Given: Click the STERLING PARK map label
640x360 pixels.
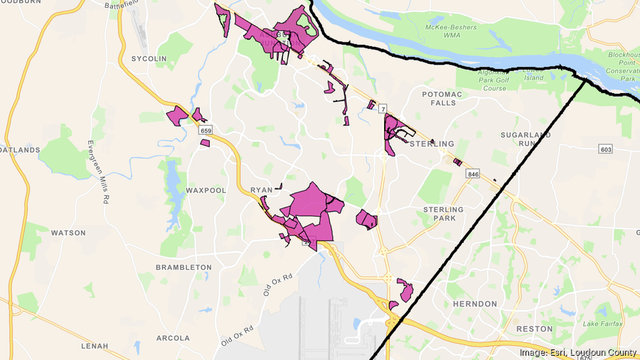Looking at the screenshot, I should [x=443, y=213].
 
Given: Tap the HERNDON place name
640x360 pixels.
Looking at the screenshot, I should [x=474, y=304].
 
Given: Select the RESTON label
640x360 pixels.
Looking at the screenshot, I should [x=534, y=329].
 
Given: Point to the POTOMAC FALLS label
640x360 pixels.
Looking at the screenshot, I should [x=442, y=98].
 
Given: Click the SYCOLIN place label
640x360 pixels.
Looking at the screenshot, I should [x=149, y=58].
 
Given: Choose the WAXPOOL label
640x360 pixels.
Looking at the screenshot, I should [x=206, y=191].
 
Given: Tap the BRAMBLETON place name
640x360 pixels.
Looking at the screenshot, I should [x=183, y=267].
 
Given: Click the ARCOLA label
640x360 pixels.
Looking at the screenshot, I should [x=174, y=338].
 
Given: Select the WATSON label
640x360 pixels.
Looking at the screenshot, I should [x=68, y=233].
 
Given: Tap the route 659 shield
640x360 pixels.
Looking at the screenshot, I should [x=206, y=131].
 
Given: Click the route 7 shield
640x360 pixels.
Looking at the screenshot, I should [x=383, y=109].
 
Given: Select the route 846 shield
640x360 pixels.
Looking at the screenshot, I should [x=473, y=174].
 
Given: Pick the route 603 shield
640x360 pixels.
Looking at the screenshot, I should [x=606, y=149].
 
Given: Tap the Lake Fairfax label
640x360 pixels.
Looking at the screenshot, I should [x=601, y=324].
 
